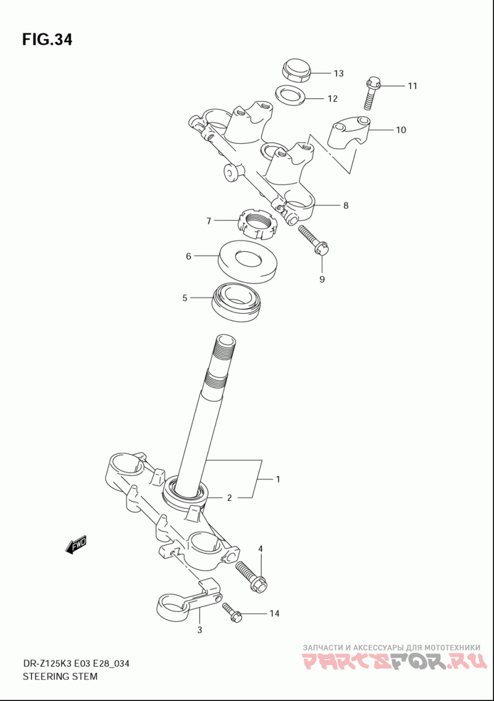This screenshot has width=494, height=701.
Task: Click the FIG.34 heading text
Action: [x=47, y=40]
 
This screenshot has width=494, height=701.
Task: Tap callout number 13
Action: [x=338, y=73]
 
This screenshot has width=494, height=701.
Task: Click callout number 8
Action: [x=346, y=206]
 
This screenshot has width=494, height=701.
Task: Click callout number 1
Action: [x=278, y=479]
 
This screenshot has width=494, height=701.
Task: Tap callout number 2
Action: [x=229, y=498]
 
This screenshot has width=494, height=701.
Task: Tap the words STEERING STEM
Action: [x=60, y=676]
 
